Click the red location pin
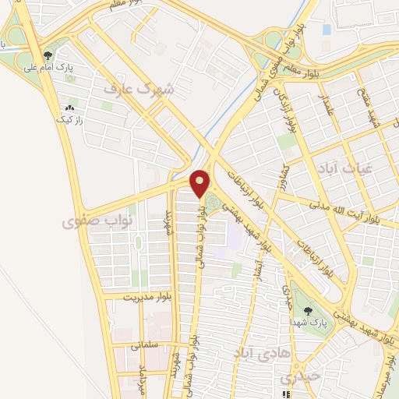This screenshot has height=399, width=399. click(200, 183)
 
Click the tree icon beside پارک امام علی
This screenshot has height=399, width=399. click(49, 55)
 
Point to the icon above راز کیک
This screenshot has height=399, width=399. click(72, 108)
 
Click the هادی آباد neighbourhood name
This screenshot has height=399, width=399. click(256, 353)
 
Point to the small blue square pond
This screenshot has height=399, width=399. click(327, 30)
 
